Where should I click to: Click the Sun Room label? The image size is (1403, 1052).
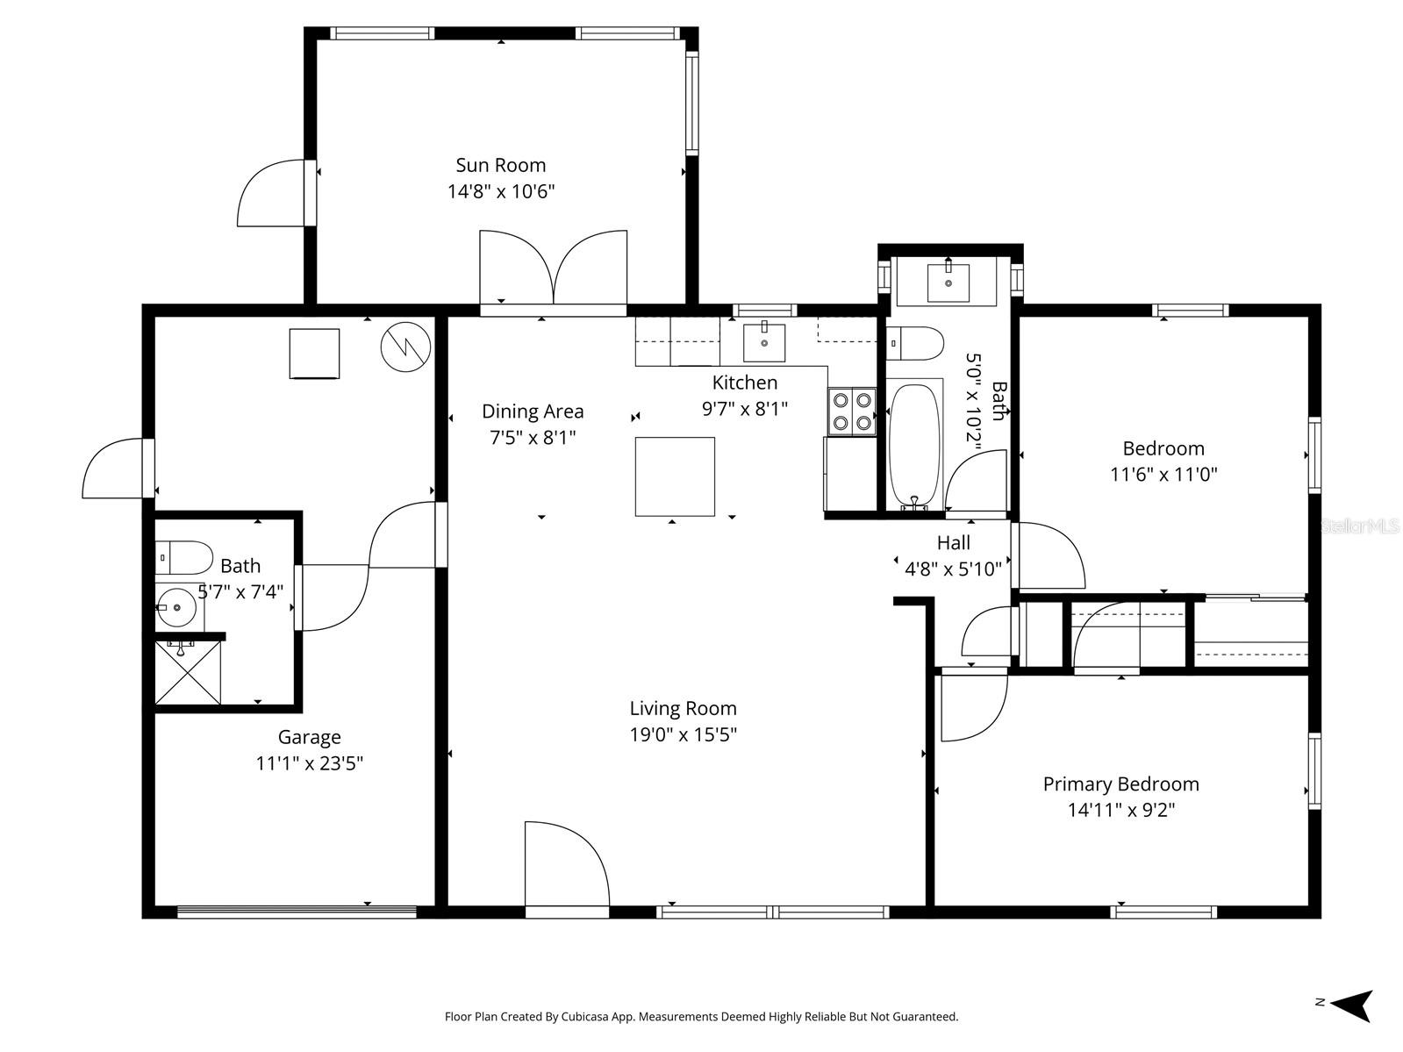[x=500, y=165]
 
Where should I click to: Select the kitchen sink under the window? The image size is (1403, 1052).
[x=764, y=342]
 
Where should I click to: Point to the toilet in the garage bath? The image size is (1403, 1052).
[x=184, y=557]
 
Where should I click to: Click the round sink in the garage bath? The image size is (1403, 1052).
[x=176, y=606]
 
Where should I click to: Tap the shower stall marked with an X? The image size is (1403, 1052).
[x=188, y=672]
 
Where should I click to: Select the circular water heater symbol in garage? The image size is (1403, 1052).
[x=405, y=347]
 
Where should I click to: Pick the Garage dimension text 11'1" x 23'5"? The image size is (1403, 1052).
[x=309, y=763]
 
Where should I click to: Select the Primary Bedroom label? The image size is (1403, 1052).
[x=1120, y=784]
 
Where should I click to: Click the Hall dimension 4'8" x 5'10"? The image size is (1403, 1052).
[x=953, y=569]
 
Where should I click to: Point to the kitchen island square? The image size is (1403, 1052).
[x=675, y=476]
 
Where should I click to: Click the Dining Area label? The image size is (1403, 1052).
[x=533, y=411]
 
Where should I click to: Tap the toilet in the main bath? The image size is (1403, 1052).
[x=914, y=343]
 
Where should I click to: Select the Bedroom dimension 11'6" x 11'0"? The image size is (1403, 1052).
[x=1163, y=475]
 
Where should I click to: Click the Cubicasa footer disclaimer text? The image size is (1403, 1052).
[x=701, y=1017]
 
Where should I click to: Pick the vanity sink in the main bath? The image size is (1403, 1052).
[x=948, y=283]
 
